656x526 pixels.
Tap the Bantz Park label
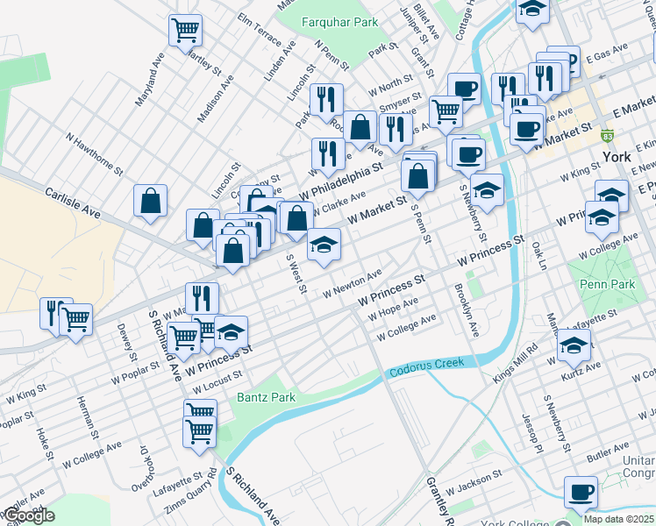pos(266,397)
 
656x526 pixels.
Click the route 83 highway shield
pos(608,136)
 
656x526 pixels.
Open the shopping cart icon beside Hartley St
pos(186,31)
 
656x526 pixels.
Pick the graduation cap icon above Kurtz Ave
pos(574,349)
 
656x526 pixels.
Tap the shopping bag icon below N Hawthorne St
pos(151,200)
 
